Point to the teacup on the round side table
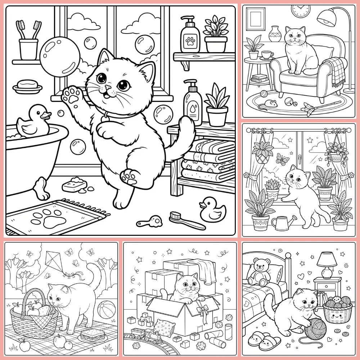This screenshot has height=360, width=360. tap(267, 55)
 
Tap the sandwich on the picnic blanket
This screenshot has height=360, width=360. tap(90, 335)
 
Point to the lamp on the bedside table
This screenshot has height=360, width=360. tap(326, 264)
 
